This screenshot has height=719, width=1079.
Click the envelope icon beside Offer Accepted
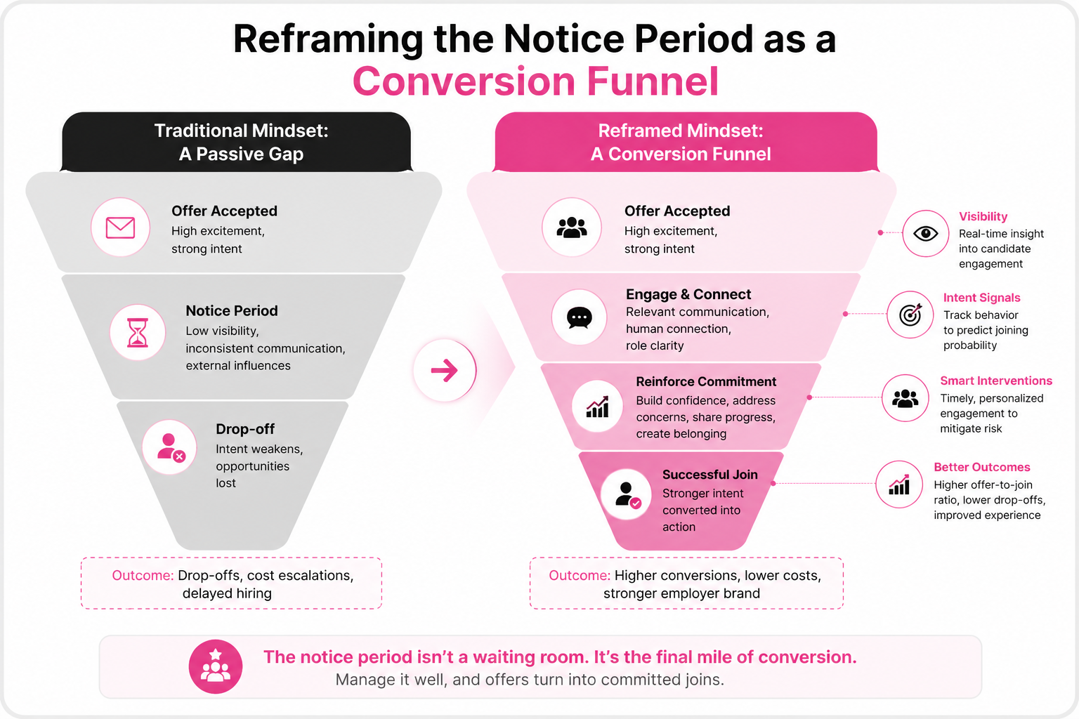point(120,227)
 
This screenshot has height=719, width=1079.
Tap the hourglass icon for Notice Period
point(137,332)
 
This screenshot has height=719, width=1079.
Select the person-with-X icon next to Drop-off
point(171,448)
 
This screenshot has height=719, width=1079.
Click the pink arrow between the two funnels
point(444,370)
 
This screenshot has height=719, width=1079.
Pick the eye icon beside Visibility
point(925,234)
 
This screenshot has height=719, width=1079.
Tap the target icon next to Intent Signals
point(910,315)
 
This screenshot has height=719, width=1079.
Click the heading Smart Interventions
point(996,381)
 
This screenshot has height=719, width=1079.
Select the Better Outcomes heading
point(981,467)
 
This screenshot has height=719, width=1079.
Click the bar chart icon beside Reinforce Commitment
point(597,407)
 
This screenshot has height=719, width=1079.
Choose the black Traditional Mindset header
point(236,142)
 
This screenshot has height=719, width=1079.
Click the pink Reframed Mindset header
point(686,142)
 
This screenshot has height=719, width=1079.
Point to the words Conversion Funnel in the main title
point(536,81)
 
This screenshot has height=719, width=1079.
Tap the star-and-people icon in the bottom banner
point(216,666)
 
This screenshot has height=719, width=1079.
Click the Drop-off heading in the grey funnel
point(245,428)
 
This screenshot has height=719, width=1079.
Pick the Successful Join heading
point(710,475)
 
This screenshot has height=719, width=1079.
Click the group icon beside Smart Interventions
point(905,398)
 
